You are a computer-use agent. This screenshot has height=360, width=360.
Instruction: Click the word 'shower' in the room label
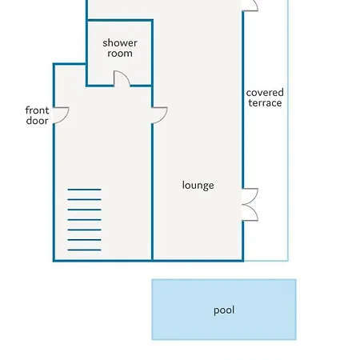tap(120, 43)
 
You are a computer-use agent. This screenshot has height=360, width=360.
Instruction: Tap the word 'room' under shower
tap(120, 54)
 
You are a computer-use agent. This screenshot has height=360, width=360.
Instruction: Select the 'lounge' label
tap(198, 186)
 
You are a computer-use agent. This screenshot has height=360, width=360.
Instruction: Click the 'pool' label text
tap(224, 310)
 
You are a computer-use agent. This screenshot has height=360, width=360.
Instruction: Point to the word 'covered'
tap(265, 93)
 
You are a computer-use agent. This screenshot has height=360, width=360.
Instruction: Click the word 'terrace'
tap(265, 103)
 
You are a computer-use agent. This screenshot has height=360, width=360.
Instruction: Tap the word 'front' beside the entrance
tap(37, 110)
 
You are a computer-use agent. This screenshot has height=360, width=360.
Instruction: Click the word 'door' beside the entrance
tap(37, 121)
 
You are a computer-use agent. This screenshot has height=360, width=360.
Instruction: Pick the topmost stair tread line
tap(84, 190)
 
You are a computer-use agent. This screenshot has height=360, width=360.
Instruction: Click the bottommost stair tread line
tap(84, 250)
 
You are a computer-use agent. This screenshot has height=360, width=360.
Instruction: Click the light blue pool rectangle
tap(224, 310)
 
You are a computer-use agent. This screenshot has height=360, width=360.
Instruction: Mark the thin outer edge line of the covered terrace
tap(288, 130)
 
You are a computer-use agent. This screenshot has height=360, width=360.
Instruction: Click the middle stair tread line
tap(84, 220)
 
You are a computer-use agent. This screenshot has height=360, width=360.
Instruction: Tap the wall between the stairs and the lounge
tap(152, 192)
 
